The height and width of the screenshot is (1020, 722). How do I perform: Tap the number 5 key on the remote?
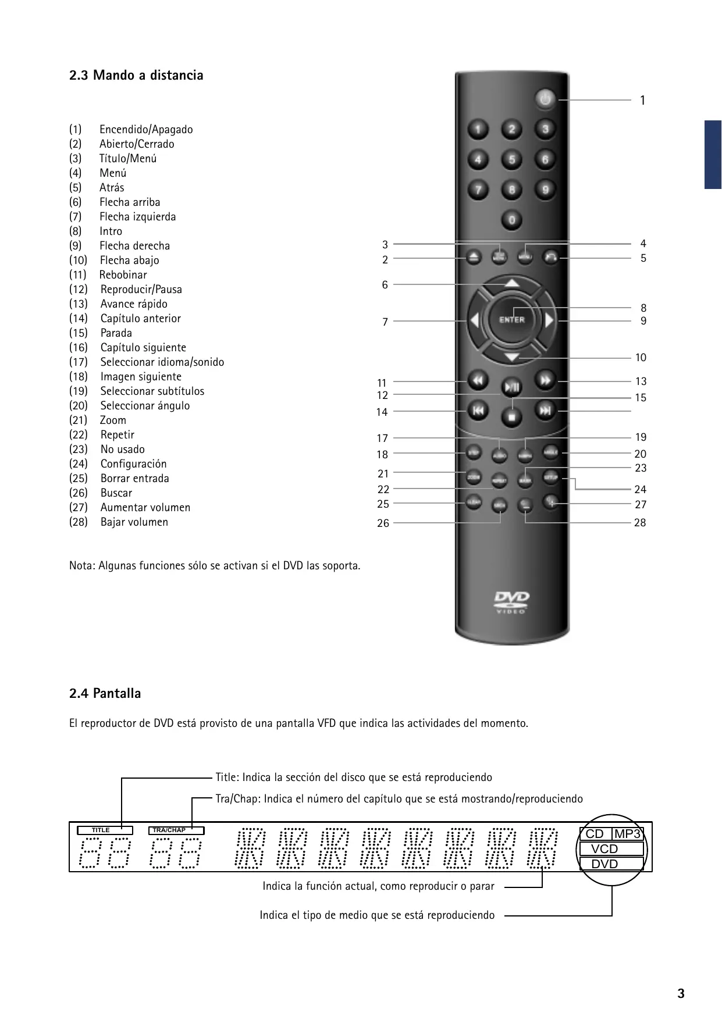(512, 159)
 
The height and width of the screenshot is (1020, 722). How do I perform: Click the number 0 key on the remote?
(512, 220)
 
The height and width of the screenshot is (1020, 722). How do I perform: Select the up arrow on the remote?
(511, 284)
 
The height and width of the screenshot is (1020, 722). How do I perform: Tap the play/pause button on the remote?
(512, 387)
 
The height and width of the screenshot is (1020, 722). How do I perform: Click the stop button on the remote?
(512, 416)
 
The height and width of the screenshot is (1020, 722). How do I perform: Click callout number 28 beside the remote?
(640, 523)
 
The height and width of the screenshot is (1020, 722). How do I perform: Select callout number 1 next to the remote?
(643, 101)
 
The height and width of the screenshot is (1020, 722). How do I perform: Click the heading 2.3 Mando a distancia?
(136, 75)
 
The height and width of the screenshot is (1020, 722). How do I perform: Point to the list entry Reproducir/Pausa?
(141, 290)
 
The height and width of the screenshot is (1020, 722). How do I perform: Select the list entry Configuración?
(133, 464)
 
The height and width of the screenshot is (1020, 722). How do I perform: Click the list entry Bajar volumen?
(134, 522)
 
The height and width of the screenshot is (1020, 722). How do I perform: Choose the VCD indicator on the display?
(605, 849)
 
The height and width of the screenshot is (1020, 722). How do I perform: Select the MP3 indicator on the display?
(627, 834)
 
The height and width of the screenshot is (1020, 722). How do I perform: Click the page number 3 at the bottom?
(681, 993)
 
